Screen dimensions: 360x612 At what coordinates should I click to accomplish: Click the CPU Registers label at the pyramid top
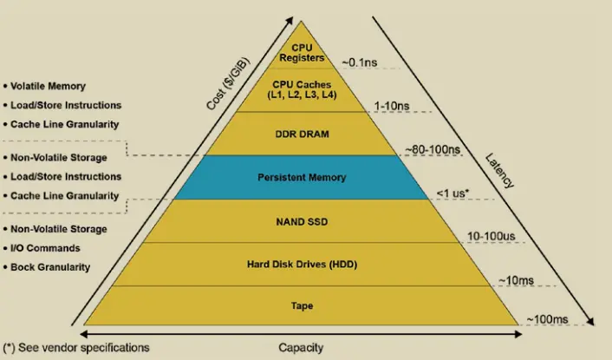[301, 53]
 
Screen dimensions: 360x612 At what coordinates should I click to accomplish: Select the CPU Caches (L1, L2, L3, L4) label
[301, 89]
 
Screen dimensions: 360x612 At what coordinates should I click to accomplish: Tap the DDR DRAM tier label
[301, 134]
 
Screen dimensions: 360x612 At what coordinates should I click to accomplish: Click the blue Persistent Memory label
[302, 177]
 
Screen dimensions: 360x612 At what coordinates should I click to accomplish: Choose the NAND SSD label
[301, 222]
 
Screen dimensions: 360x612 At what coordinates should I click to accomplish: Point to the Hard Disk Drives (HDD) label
[301, 264]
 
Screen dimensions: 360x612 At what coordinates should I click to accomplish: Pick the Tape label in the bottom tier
[301, 305]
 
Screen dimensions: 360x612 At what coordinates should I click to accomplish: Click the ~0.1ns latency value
[360, 62]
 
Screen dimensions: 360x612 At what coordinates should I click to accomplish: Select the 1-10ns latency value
[391, 106]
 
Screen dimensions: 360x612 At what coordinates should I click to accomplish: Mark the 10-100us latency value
[492, 236]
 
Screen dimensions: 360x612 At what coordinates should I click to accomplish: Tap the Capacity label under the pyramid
[301, 348]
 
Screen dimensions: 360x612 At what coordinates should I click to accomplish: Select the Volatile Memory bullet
[49, 86]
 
